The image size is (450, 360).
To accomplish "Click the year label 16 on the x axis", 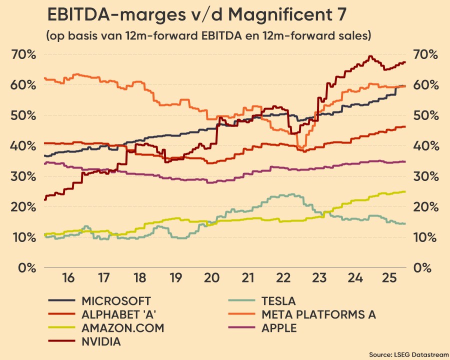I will pos(68,277).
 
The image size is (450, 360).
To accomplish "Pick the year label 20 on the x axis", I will pos(210,277).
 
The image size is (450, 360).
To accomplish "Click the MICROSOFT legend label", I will pos(116,301).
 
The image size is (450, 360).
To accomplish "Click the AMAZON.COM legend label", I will pos(122,328).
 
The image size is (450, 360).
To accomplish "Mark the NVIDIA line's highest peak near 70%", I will pos(370,56).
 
